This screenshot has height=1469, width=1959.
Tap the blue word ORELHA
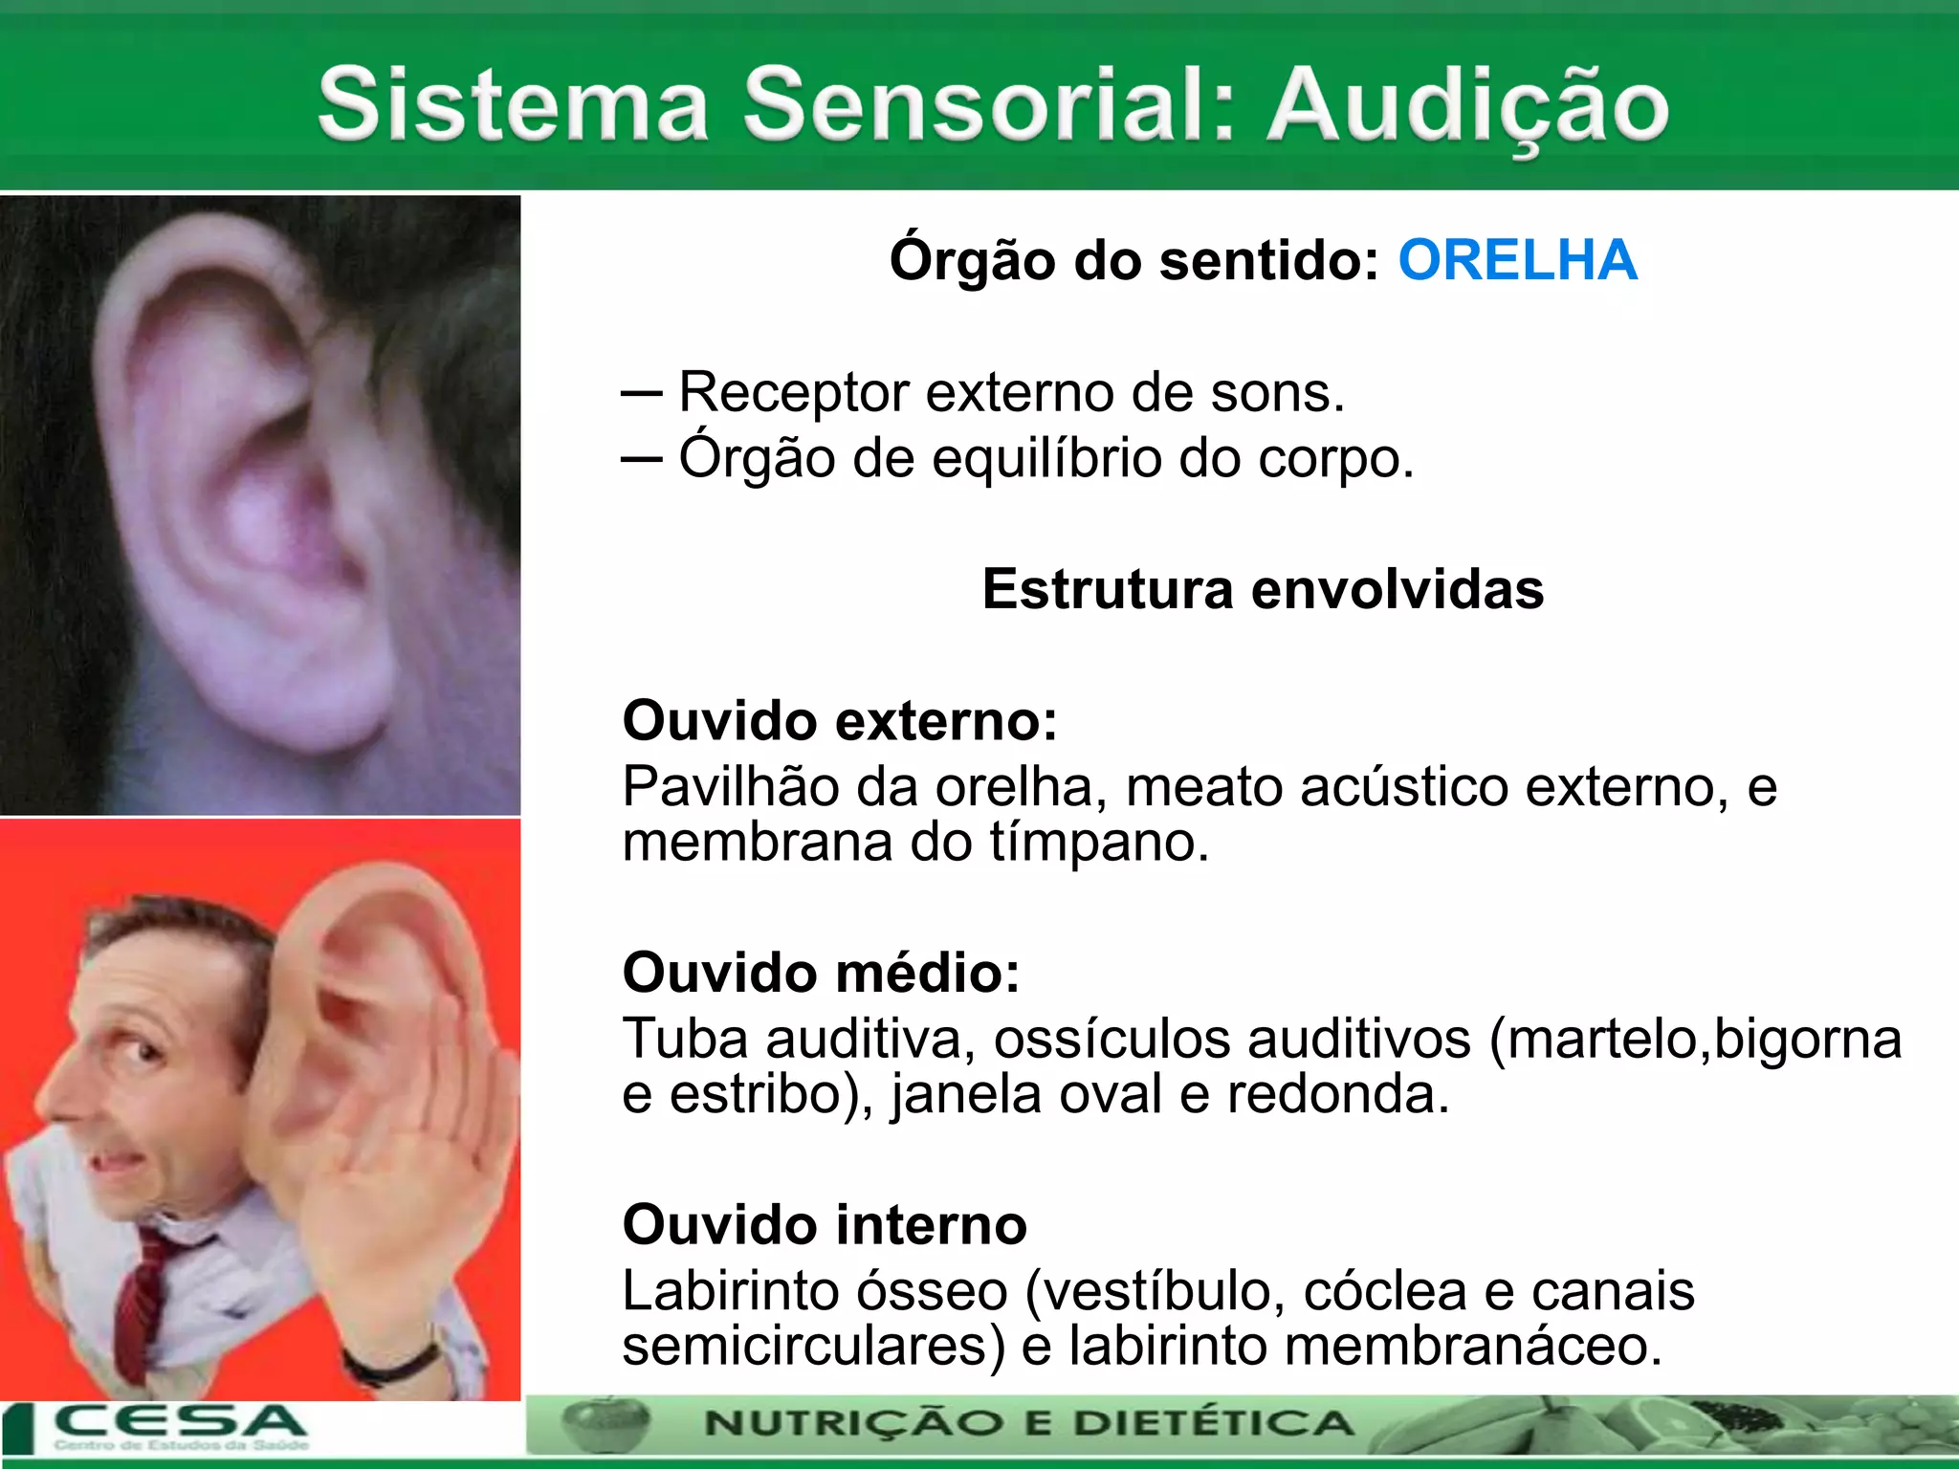[x=1518, y=260]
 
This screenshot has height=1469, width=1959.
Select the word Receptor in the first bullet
[x=793, y=392]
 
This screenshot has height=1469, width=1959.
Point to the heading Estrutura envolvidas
[x=1263, y=589]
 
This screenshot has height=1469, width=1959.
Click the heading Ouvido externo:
[x=840, y=720]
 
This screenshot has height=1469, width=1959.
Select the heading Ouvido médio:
[x=821, y=973]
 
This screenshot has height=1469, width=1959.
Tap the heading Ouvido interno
[x=825, y=1225]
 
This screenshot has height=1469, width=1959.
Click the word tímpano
[x=1099, y=843]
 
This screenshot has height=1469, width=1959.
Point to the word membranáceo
[x=1473, y=1347]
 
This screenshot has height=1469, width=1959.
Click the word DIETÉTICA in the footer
[x=1214, y=1423]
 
